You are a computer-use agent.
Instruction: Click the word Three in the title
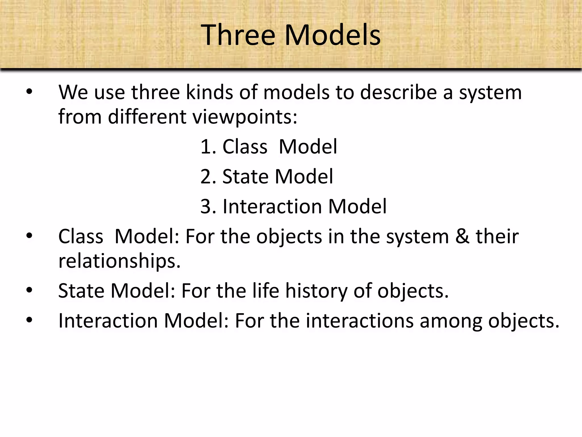238,35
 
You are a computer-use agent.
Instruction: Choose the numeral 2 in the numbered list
205,177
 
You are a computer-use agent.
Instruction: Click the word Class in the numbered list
245,147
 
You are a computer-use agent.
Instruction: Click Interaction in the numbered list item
272,207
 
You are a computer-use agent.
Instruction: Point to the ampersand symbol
462,237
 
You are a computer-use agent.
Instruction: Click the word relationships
119,261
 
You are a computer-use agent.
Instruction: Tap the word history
316,291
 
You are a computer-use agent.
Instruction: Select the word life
265,291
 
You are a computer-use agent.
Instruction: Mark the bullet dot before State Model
29,290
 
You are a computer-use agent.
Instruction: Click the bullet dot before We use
29,92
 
